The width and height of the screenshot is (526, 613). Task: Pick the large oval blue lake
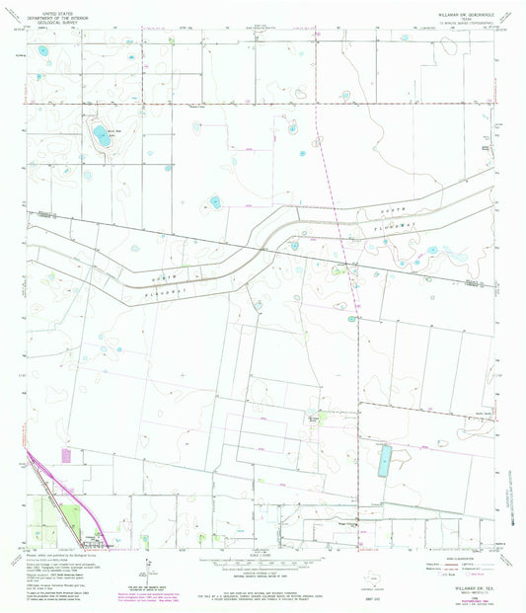pyautogui.click(x=101, y=135)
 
